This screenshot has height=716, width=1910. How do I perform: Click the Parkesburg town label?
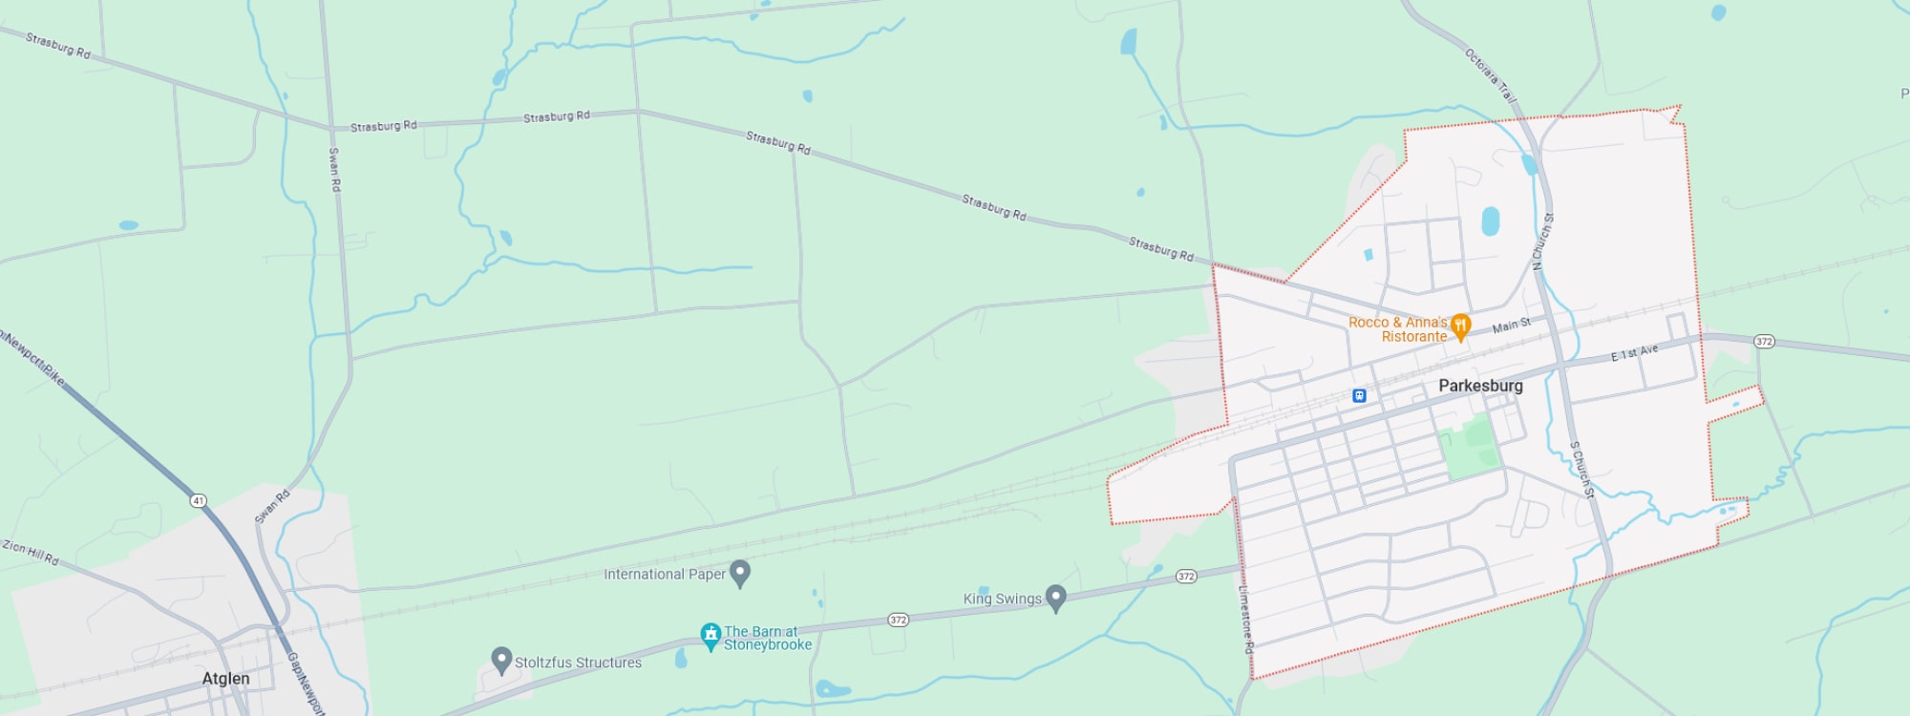click(1480, 386)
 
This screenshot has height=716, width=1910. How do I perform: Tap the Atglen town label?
click(225, 679)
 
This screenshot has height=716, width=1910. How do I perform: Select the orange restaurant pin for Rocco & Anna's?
click(1460, 327)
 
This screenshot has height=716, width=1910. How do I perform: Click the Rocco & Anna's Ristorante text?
click(1399, 329)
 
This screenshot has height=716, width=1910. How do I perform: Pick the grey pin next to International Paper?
click(740, 573)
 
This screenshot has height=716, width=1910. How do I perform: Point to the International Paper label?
click(664, 574)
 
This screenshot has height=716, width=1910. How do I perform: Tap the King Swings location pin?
click(1055, 598)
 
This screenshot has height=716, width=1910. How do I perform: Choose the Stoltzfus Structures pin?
click(501, 660)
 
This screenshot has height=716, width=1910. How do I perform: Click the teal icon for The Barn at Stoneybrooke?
click(711, 636)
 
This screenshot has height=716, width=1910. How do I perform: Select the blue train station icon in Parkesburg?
click(1359, 395)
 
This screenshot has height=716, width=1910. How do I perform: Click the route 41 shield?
click(198, 500)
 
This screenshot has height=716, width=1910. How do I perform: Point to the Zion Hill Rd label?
click(31, 552)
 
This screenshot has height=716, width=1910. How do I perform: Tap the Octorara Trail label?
click(1490, 75)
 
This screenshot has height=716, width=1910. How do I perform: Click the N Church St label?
click(1542, 241)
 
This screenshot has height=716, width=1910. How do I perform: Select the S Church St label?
click(1582, 469)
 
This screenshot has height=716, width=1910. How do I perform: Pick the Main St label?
click(1511, 326)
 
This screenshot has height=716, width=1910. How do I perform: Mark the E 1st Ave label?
click(1634, 353)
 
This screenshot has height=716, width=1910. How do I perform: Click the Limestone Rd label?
click(1246, 618)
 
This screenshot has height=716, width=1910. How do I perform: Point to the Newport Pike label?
click(34, 358)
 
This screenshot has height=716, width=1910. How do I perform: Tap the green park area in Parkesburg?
click(1471, 448)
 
